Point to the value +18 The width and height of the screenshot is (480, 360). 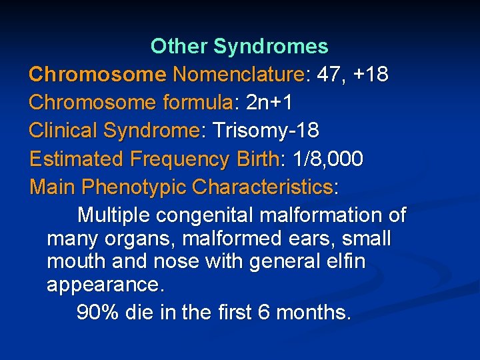pos(371,75)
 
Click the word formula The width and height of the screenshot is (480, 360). pos(197,103)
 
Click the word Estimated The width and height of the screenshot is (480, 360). pos(77,159)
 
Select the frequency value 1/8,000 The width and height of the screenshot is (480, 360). pos(323,159)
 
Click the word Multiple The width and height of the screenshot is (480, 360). pos(114,215)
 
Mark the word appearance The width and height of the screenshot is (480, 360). pos(103,286)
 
